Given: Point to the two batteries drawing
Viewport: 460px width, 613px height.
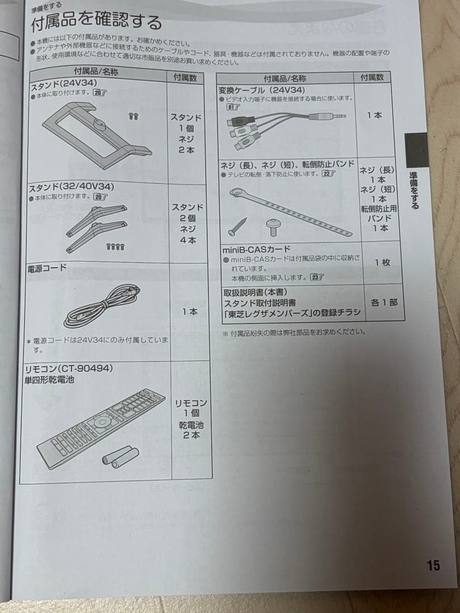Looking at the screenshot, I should point(120,456).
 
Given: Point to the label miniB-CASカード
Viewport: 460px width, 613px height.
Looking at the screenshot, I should point(256,249).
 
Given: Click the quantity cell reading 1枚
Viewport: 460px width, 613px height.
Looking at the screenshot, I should point(382,263).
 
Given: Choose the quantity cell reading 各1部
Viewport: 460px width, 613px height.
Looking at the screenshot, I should point(383,303).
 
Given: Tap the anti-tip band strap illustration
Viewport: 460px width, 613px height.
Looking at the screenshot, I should point(292,212).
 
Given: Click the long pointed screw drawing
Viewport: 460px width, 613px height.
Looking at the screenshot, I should point(237,226).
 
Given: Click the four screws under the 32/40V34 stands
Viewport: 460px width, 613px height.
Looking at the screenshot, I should point(115,246).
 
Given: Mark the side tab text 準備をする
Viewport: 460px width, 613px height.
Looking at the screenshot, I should point(415,190).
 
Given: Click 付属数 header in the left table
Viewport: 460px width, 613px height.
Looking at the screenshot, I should point(185,77).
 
